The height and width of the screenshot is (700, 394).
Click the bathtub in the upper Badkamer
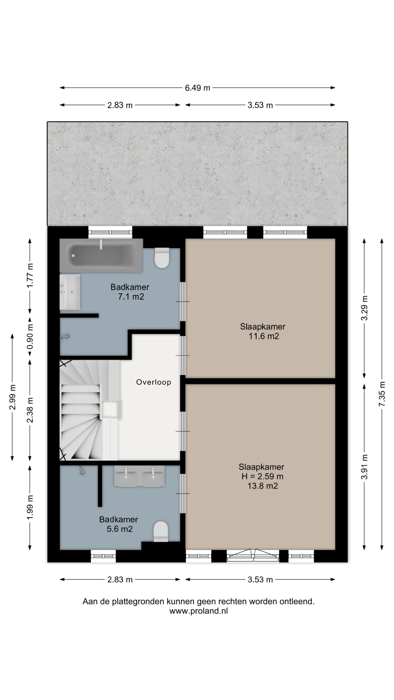pyautogui.click(x=101, y=255)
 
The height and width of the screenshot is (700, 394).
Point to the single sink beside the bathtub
pyautogui.click(x=70, y=292)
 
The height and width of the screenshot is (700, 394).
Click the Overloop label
pyautogui.click(x=153, y=382)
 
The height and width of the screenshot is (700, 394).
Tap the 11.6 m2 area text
pyautogui.click(x=263, y=336)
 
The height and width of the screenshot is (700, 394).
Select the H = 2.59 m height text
pyautogui.click(x=262, y=476)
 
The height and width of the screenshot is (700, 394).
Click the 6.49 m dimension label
pyautogui.click(x=197, y=88)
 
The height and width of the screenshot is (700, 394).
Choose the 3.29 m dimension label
pyautogui.click(x=364, y=308)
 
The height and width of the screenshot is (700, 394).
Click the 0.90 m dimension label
pyautogui.click(x=30, y=336)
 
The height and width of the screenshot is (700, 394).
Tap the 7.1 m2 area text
pyautogui.click(x=131, y=296)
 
